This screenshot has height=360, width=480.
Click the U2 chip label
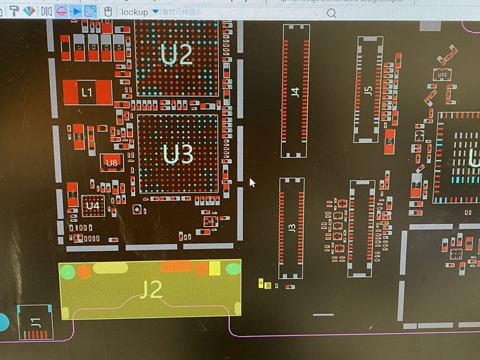[177, 54]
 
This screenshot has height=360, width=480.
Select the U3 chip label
[178, 154]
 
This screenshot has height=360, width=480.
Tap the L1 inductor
[87, 92]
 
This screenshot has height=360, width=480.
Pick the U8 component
[112, 163]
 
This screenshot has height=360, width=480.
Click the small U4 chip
[93, 206]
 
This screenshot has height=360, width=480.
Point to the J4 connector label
[296, 91]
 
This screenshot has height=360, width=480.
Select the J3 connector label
[291, 228]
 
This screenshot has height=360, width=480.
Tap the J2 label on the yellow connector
[151, 290]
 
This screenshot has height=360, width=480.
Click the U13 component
[442, 74]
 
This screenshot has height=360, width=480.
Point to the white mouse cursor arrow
[252, 182]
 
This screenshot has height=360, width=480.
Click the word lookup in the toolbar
[134, 12]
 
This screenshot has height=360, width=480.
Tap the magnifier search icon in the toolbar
[332, 13]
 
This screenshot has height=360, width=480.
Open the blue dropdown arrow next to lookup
[156, 12]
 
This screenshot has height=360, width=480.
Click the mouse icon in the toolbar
[108, 12]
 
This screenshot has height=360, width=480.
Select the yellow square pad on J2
[215, 267]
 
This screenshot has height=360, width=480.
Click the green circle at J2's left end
[67, 272]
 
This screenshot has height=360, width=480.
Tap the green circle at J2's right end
[233, 269]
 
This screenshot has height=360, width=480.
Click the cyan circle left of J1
[3, 322]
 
